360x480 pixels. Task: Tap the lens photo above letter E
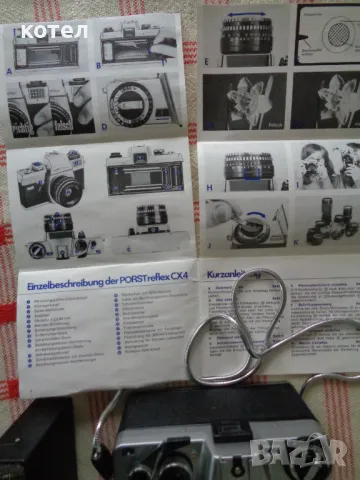pos(243,35)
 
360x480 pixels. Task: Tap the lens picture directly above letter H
pos(242,165)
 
